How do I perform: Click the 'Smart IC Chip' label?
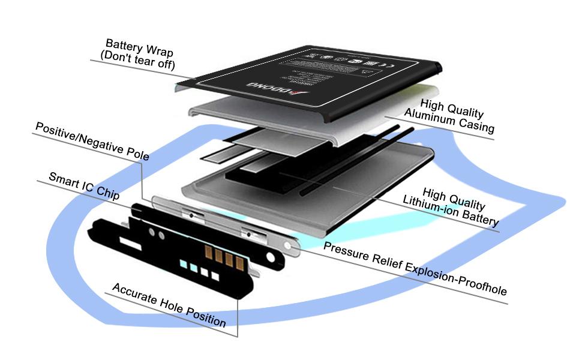click(x=83, y=187)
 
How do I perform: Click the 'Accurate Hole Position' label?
click(x=169, y=305)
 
